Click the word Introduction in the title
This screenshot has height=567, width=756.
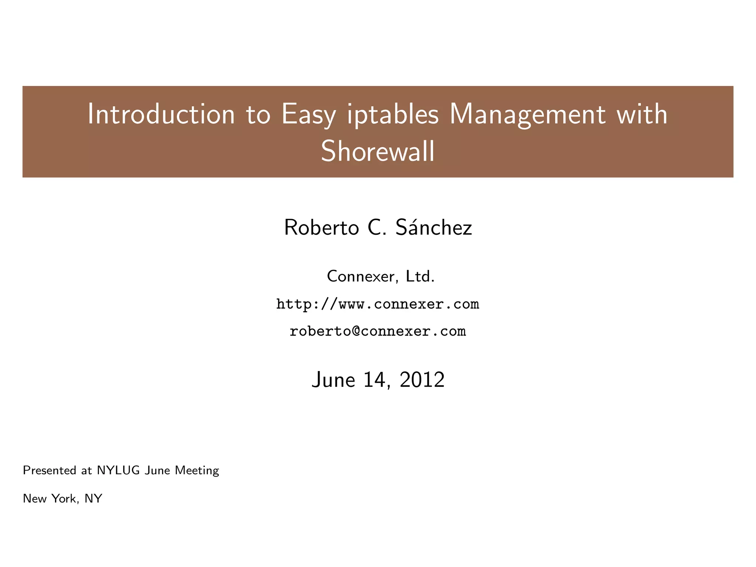point(161,114)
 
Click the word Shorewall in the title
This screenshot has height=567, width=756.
point(378,151)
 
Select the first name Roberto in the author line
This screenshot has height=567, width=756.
point(321,227)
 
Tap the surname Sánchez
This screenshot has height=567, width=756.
point(433,227)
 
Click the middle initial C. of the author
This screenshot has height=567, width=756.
point(377,227)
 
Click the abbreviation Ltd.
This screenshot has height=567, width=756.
point(420,276)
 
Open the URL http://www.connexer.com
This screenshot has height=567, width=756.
point(378,304)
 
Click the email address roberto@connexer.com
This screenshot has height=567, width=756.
point(378,331)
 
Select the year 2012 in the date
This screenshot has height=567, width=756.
point(422,380)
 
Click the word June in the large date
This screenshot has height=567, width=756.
point(333,380)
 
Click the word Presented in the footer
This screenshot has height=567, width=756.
point(49,470)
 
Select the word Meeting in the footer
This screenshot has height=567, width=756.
point(197,470)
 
